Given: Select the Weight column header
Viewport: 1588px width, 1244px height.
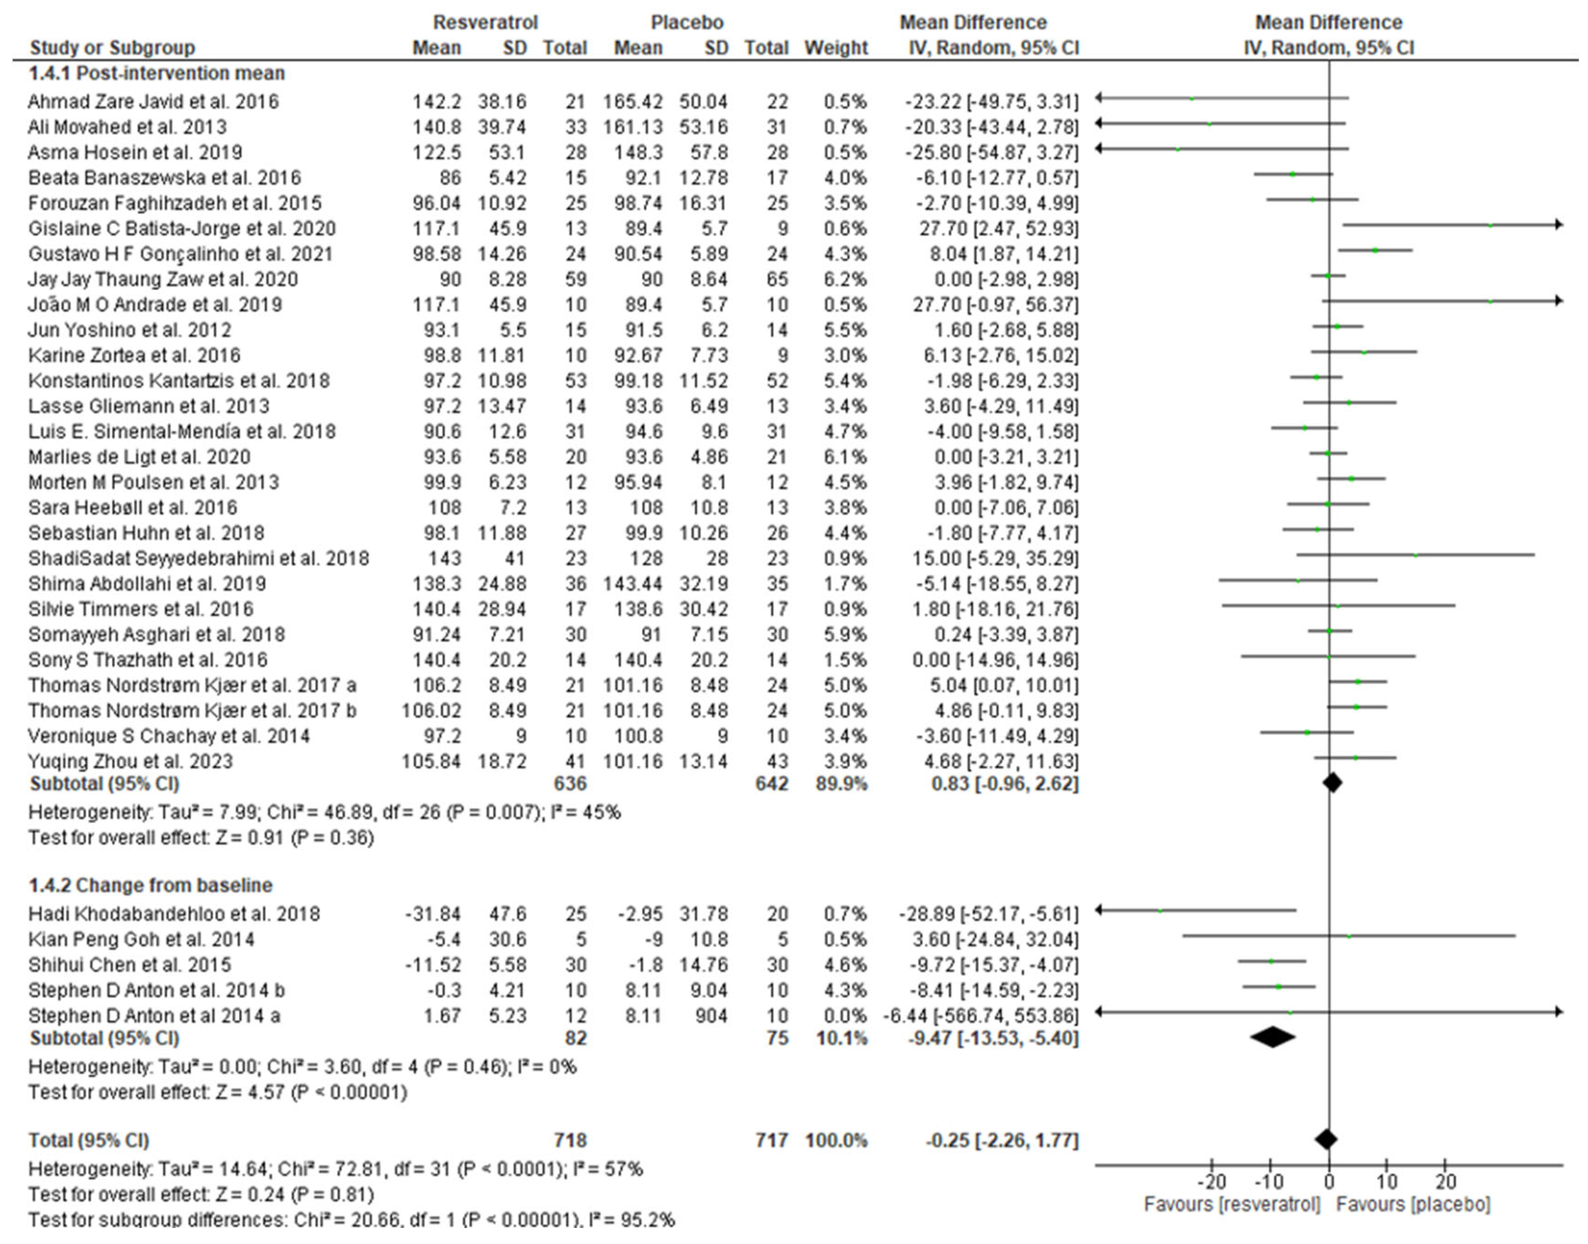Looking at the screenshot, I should pos(835,48).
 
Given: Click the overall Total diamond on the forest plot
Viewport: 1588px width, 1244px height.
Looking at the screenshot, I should pos(1326,1140).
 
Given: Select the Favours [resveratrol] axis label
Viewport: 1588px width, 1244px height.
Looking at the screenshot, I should pos(1231,1204).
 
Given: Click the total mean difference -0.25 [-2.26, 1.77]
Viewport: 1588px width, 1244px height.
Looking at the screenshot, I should pos(1001,1140).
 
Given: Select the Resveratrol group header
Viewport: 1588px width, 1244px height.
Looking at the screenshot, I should pos(485,23).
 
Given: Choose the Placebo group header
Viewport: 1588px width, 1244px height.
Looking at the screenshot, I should pos(686,23).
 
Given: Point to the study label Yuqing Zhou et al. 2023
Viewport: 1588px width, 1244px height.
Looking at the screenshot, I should pos(131,762).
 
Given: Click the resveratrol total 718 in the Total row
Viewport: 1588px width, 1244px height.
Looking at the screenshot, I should pos(570,1140).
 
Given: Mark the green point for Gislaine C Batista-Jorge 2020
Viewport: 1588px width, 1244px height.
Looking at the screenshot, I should pos(1490,226).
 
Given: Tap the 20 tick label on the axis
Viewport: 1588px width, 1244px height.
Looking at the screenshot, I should pos(1445,1181).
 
